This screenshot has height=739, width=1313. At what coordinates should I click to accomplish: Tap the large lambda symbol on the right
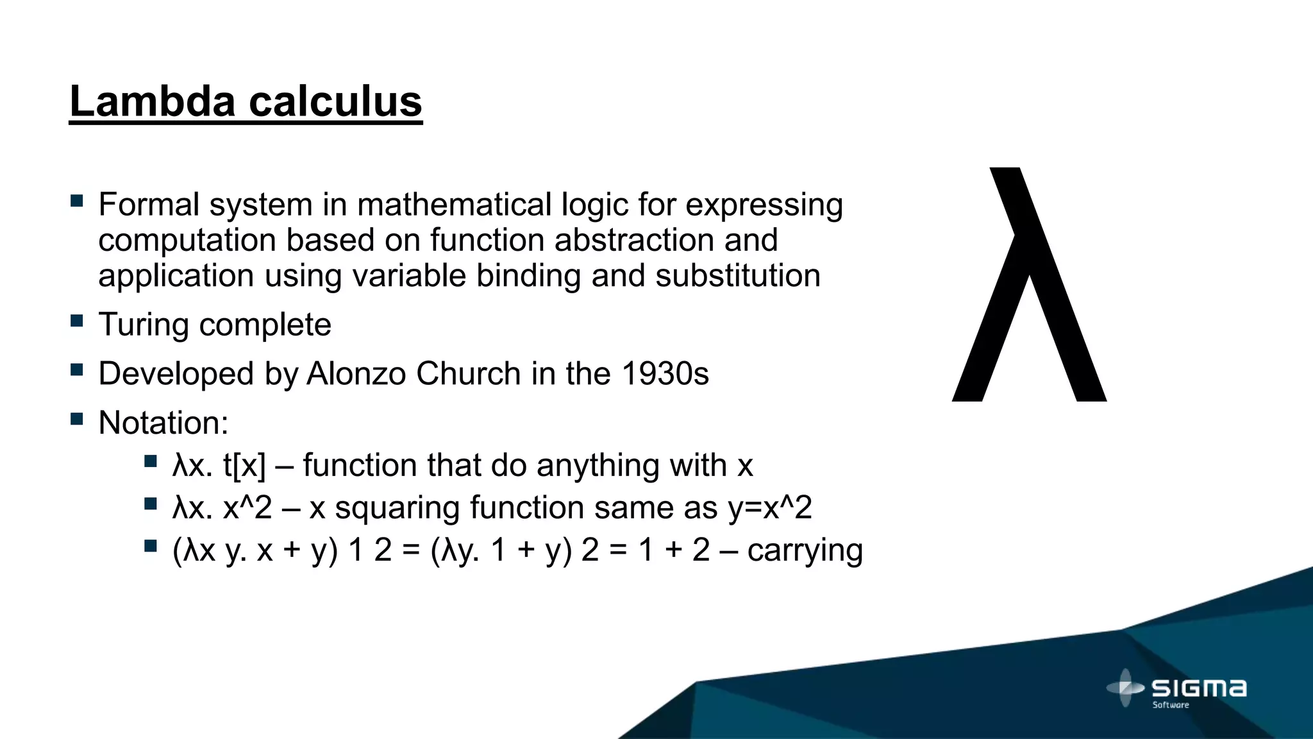point(1029,285)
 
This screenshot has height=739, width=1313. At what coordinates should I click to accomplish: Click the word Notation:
point(163,423)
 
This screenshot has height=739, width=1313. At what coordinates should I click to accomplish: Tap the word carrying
point(805,550)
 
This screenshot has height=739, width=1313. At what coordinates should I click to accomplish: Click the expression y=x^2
point(770,507)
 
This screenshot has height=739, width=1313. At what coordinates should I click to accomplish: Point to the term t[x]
point(244,465)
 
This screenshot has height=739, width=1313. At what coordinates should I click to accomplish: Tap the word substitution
point(737,276)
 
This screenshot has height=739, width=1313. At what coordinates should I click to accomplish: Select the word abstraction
point(633,241)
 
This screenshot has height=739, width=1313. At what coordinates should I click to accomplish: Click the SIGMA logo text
point(1199,688)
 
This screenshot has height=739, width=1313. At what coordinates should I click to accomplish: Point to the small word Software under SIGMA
point(1171,705)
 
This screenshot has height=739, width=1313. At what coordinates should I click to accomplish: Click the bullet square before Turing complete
point(77,320)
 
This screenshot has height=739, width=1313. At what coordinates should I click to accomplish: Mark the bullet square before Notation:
point(77,419)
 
